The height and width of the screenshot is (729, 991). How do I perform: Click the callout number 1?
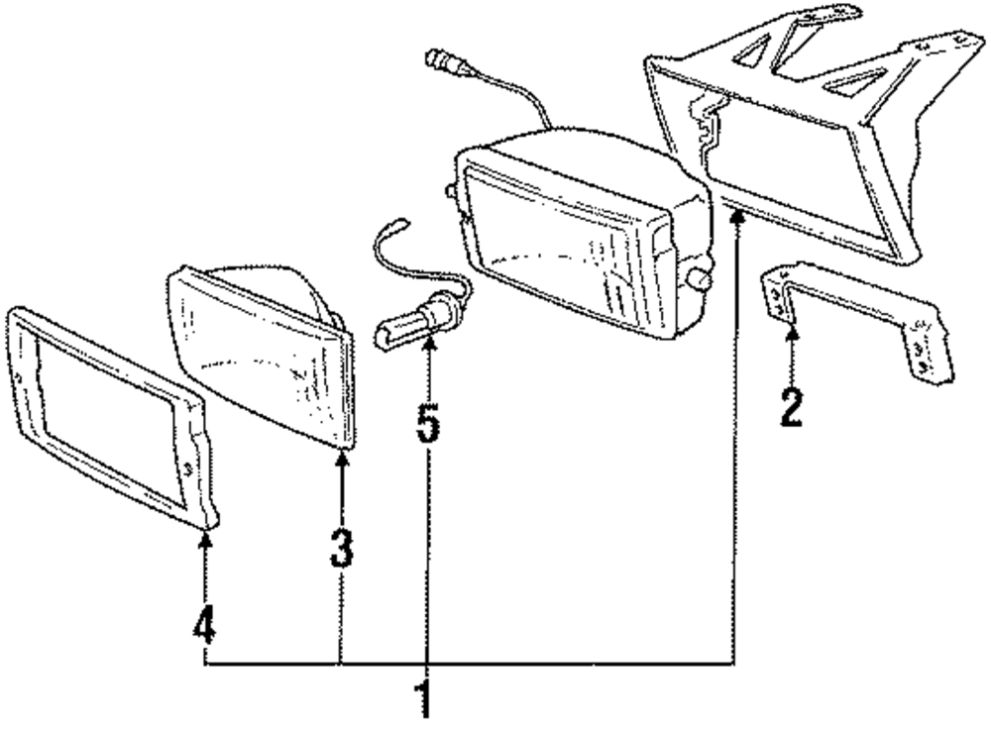pyautogui.click(x=425, y=697)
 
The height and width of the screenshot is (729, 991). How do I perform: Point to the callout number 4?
pyautogui.click(x=204, y=623)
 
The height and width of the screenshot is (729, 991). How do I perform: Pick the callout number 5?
pyautogui.click(x=427, y=422)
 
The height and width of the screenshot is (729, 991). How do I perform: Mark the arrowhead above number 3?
pyautogui.click(x=341, y=458)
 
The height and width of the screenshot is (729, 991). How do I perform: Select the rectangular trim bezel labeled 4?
pyautogui.click(x=109, y=416)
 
